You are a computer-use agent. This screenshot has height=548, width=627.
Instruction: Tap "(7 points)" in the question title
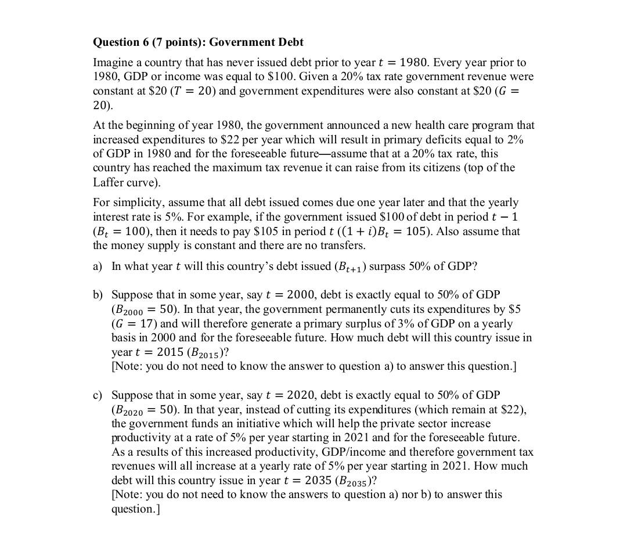[x=174, y=42]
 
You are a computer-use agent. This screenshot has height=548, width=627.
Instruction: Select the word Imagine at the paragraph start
[x=112, y=63]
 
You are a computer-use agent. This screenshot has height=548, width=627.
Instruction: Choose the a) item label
[x=98, y=266]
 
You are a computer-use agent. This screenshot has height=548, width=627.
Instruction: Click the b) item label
[x=98, y=295]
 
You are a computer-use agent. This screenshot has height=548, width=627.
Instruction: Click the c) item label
[x=98, y=395]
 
